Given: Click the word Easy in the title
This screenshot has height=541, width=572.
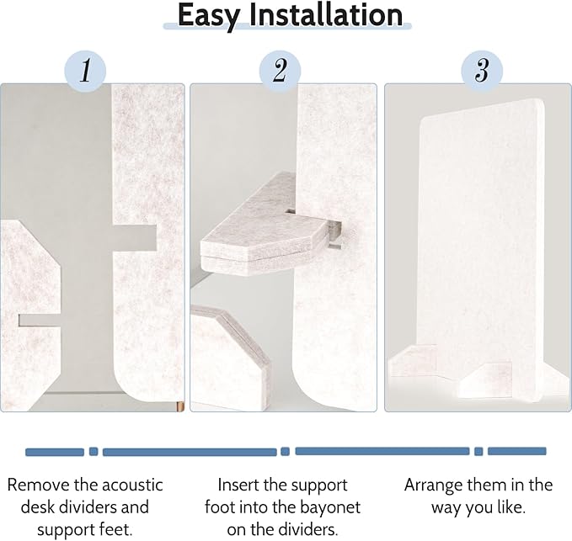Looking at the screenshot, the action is point(209,16).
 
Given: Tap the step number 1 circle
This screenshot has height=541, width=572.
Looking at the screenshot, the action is point(85,71).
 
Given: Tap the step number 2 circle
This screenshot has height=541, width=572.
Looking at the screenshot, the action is point(280,71).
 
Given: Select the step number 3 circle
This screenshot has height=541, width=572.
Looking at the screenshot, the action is point(482,71).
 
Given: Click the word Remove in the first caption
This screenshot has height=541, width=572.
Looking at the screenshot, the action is point(38,485).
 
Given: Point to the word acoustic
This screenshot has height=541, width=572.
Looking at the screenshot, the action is point(132,485).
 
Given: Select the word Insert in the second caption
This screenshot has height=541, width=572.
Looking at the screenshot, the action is point(238,485).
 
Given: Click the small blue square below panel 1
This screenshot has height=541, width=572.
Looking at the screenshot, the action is point(94,451).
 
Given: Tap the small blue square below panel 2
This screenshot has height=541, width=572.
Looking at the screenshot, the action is point(286,451).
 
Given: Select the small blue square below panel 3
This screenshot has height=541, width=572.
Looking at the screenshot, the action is point(478,451).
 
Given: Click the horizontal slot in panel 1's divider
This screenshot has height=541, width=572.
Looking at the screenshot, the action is point(135,238).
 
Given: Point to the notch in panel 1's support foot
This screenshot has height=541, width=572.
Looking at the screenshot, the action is point(40,321).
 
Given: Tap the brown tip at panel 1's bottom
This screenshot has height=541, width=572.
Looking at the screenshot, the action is point(179,406).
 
